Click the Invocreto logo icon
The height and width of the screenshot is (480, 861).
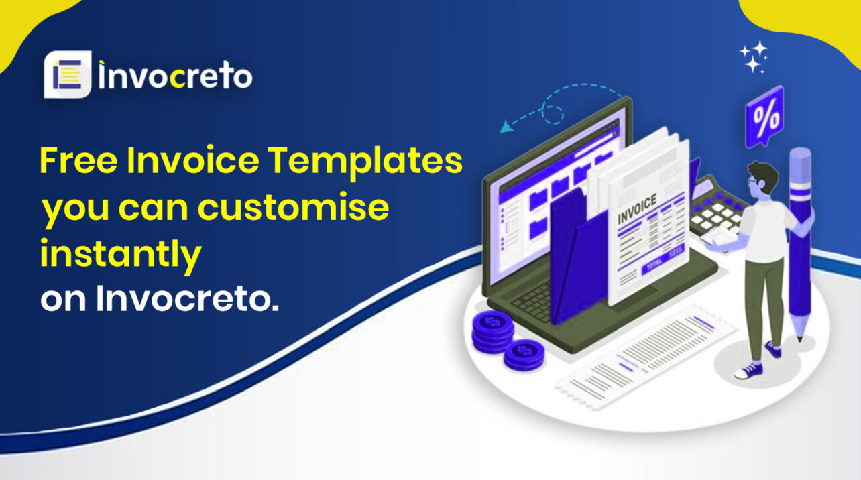(x=67, y=75)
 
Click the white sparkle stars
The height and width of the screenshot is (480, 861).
(x=754, y=57)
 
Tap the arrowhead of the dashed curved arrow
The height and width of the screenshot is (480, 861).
(x=504, y=127)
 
